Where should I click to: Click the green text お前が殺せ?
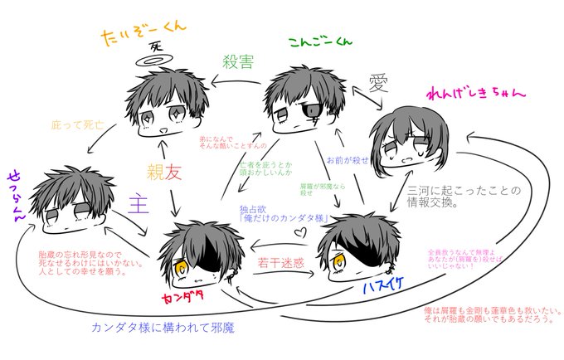pyautogui.click(x=343, y=158)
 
